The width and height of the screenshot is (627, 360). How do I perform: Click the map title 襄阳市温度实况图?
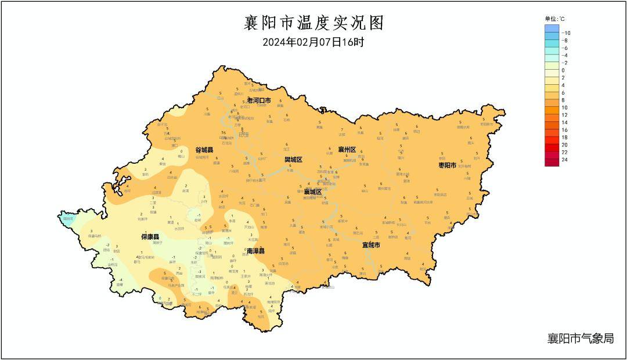tap(313, 23)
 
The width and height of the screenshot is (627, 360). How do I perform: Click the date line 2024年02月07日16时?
tap(313, 42)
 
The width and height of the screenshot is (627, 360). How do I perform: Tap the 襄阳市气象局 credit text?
tap(580, 339)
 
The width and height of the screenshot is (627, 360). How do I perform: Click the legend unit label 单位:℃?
tap(554, 19)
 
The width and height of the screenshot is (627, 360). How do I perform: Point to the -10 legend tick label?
tap(567, 33)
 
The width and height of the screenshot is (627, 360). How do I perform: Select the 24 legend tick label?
tap(565, 159)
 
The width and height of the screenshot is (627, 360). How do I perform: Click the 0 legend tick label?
tap(563, 70)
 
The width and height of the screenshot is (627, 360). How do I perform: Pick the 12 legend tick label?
tap(565, 115)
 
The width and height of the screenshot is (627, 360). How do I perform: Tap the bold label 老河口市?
tap(259, 100)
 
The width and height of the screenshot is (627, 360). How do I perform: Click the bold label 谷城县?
tap(204, 150)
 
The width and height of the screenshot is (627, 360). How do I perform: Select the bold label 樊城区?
tap(293, 159)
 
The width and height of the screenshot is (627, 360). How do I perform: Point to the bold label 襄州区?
tap(347, 150)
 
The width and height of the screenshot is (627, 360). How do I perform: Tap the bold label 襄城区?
tap(312, 191)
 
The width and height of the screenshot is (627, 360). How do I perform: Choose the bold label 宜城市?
tap(371, 245)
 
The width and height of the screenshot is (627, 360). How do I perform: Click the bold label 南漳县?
tap(255, 251)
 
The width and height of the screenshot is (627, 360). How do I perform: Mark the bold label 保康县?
tap(150, 237)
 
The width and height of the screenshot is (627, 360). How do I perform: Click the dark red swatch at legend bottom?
tap(552, 162)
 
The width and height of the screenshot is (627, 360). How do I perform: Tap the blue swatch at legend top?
tap(552, 28)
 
